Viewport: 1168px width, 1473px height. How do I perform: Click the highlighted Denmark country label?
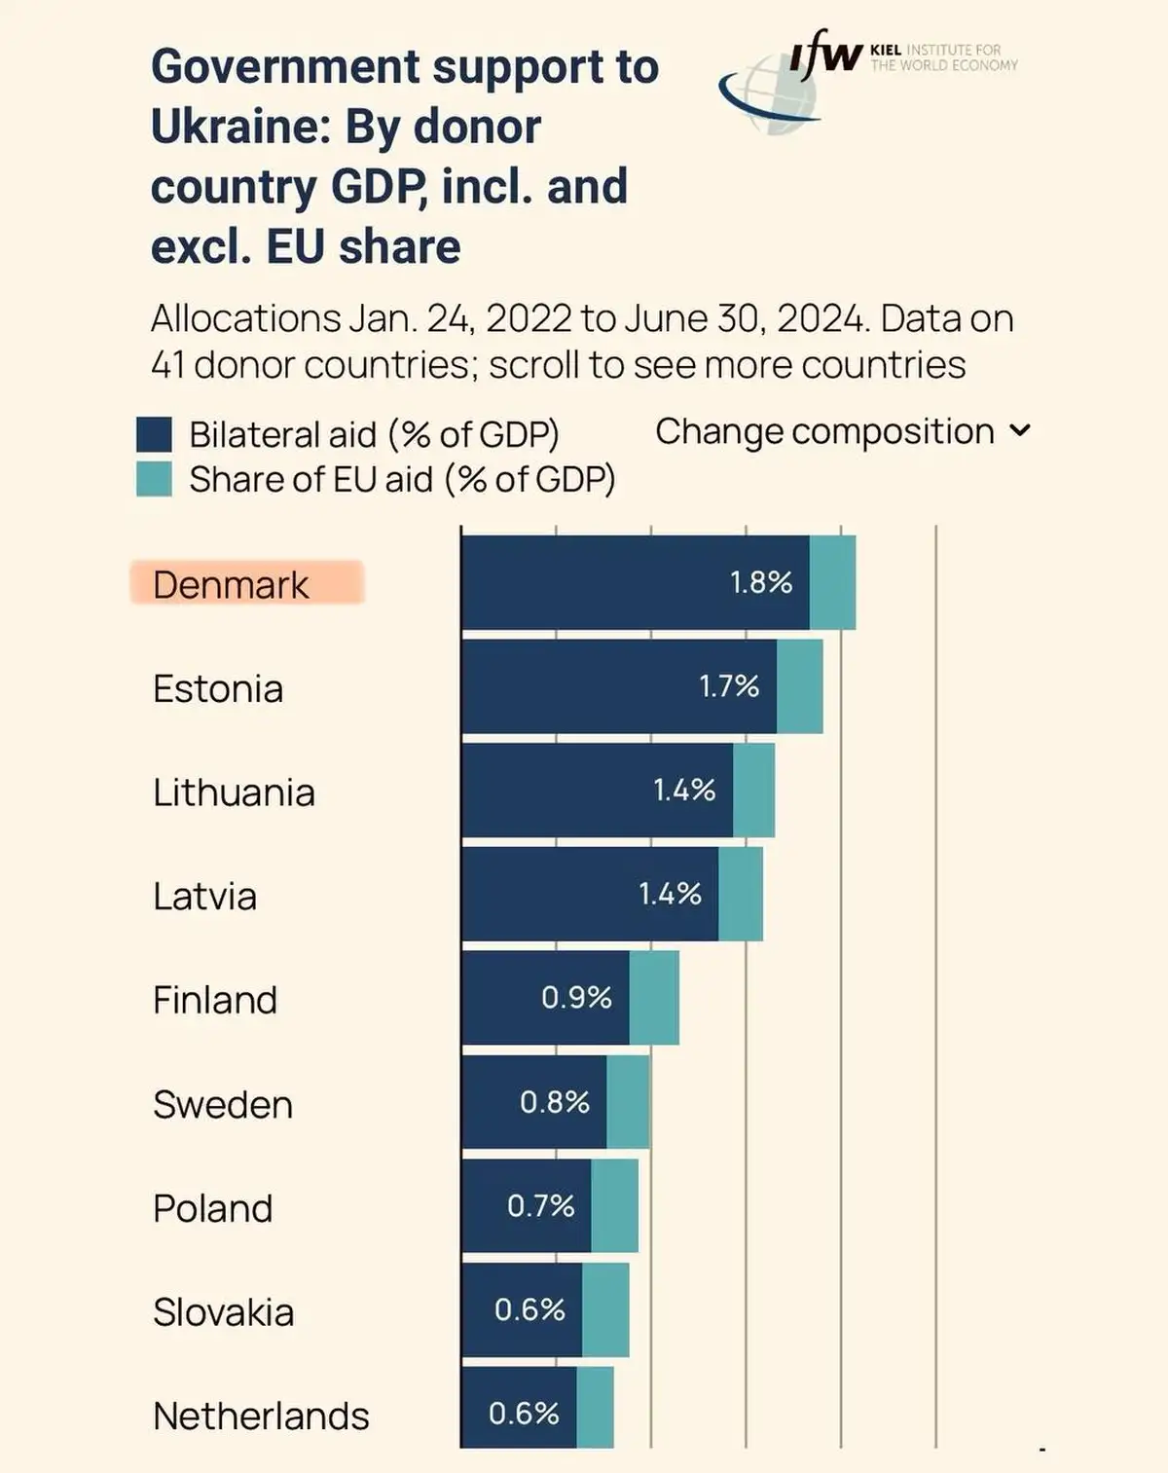tap(231, 585)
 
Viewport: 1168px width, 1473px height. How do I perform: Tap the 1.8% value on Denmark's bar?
tap(761, 582)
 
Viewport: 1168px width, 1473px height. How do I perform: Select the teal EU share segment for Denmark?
tap(832, 582)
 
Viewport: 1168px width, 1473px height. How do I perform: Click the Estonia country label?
tap(218, 689)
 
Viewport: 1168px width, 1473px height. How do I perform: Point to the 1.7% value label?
tap(729, 686)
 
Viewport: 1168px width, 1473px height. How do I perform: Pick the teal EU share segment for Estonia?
tap(799, 686)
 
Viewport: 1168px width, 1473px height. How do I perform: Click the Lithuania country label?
tap(234, 792)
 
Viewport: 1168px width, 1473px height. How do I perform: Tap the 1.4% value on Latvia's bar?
tap(670, 894)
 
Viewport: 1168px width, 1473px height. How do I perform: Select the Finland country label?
tap(215, 1001)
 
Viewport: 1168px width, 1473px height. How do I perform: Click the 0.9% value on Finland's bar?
tap(576, 998)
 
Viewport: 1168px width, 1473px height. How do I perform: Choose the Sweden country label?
tap(223, 1105)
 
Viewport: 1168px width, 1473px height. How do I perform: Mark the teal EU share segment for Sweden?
tap(628, 1102)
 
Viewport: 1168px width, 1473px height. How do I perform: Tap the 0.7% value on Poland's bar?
tap(541, 1206)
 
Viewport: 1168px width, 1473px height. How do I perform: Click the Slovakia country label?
tap(223, 1312)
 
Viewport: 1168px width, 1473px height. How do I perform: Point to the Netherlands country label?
tap(261, 1417)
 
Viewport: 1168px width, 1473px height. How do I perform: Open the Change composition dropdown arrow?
tap(1020, 430)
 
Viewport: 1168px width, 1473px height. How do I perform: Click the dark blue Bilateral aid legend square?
tap(154, 434)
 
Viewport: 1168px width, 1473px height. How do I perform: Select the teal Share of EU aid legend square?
tap(154, 479)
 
